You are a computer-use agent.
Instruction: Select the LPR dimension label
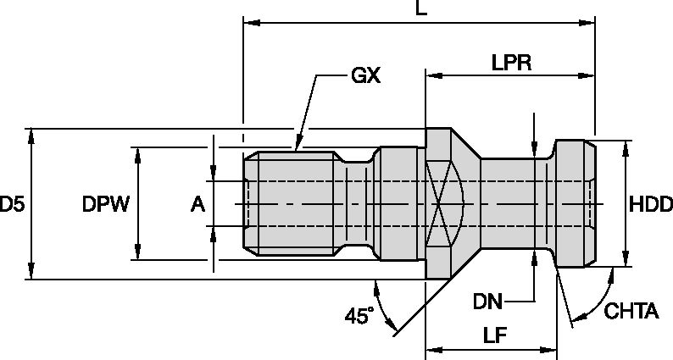pos(511,63)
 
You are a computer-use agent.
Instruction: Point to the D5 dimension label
pos(12,204)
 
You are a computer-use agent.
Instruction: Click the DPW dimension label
pos(105,204)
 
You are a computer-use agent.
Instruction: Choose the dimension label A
pos(197,204)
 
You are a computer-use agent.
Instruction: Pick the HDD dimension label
pos(650,204)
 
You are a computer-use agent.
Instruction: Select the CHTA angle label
pos(631,313)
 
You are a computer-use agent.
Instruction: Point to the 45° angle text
pos(359,316)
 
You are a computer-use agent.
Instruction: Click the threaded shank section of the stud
pos(292,204)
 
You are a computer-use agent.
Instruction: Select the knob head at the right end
pos(575,204)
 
